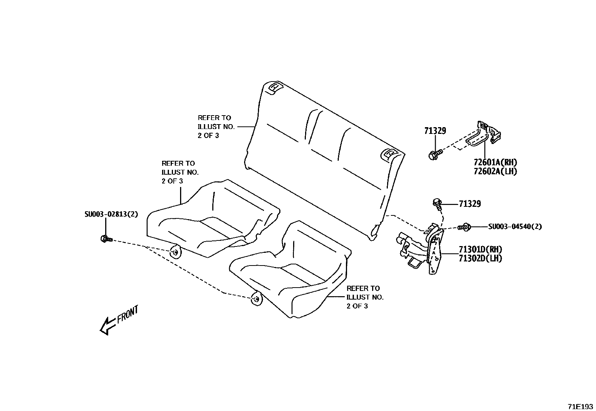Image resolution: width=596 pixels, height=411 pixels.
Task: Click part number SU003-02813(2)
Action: (x=111, y=214)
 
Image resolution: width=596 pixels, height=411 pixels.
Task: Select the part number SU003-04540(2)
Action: (x=515, y=226)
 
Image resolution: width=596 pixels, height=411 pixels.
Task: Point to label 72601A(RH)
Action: (x=495, y=162)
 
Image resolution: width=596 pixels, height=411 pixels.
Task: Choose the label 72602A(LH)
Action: (x=495, y=171)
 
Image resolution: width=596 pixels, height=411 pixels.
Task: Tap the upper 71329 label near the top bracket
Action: (x=435, y=131)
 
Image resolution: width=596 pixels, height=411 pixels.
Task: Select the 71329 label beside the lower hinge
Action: (x=470, y=204)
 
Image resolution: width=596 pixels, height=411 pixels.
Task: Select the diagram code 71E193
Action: (x=580, y=406)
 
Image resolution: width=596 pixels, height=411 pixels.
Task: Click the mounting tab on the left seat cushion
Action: (x=175, y=252)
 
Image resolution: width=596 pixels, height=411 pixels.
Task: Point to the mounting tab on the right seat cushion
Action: (x=256, y=298)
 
